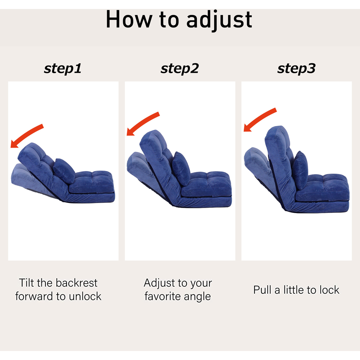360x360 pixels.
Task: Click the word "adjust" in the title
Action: tap(219, 20)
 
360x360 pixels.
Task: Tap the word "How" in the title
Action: tap(129, 19)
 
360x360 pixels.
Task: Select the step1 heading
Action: tap(63, 69)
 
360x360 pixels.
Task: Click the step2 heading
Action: tap(180, 69)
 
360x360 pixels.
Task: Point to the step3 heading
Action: tap(296, 69)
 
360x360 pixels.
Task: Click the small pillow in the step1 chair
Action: tap(64, 171)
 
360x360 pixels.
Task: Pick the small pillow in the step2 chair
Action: tap(181, 168)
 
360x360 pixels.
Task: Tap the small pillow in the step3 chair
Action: tap(300, 170)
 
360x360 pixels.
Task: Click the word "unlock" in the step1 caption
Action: tap(85, 296)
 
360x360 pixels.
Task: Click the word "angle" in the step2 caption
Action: tap(197, 297)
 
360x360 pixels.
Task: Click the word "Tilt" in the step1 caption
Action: tap(26, 283)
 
